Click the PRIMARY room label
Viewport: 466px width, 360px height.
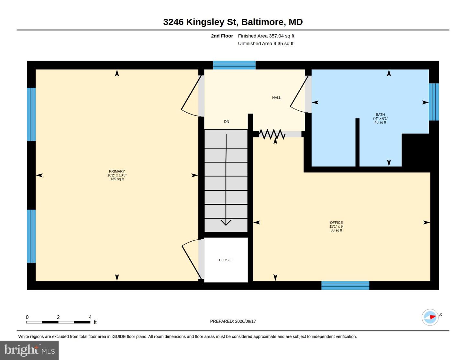(117, 171)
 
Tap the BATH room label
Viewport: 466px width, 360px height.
(380, 115)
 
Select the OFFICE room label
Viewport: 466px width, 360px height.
(336, 223)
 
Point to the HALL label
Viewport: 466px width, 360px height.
(276, 98)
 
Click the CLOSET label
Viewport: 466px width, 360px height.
(226, 260)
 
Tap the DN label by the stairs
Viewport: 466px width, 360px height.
(227, 122)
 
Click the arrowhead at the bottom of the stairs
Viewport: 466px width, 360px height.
(226, 223)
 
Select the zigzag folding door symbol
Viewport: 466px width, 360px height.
(272, 134)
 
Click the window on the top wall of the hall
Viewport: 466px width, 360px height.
(234, 65)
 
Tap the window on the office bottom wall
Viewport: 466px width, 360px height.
(345, 285)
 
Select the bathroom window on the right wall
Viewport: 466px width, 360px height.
(434, 102)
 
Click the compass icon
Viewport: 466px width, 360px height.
(430, 317)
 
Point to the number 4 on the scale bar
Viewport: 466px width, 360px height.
(90, 317)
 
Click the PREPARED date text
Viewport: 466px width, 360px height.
(233, 321)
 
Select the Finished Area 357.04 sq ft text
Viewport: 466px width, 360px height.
(266, 36)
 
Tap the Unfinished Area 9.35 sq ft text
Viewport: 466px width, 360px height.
(265, 43)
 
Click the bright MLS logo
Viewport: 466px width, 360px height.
(29, 350)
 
